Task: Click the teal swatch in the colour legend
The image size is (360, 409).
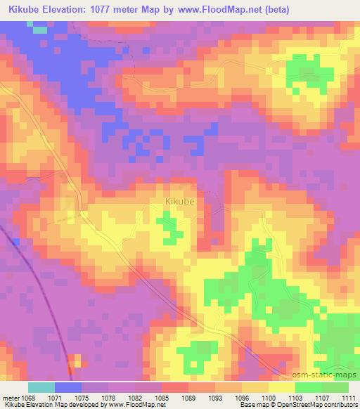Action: [41, 387]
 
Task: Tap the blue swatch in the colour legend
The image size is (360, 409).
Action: [68, 387]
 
